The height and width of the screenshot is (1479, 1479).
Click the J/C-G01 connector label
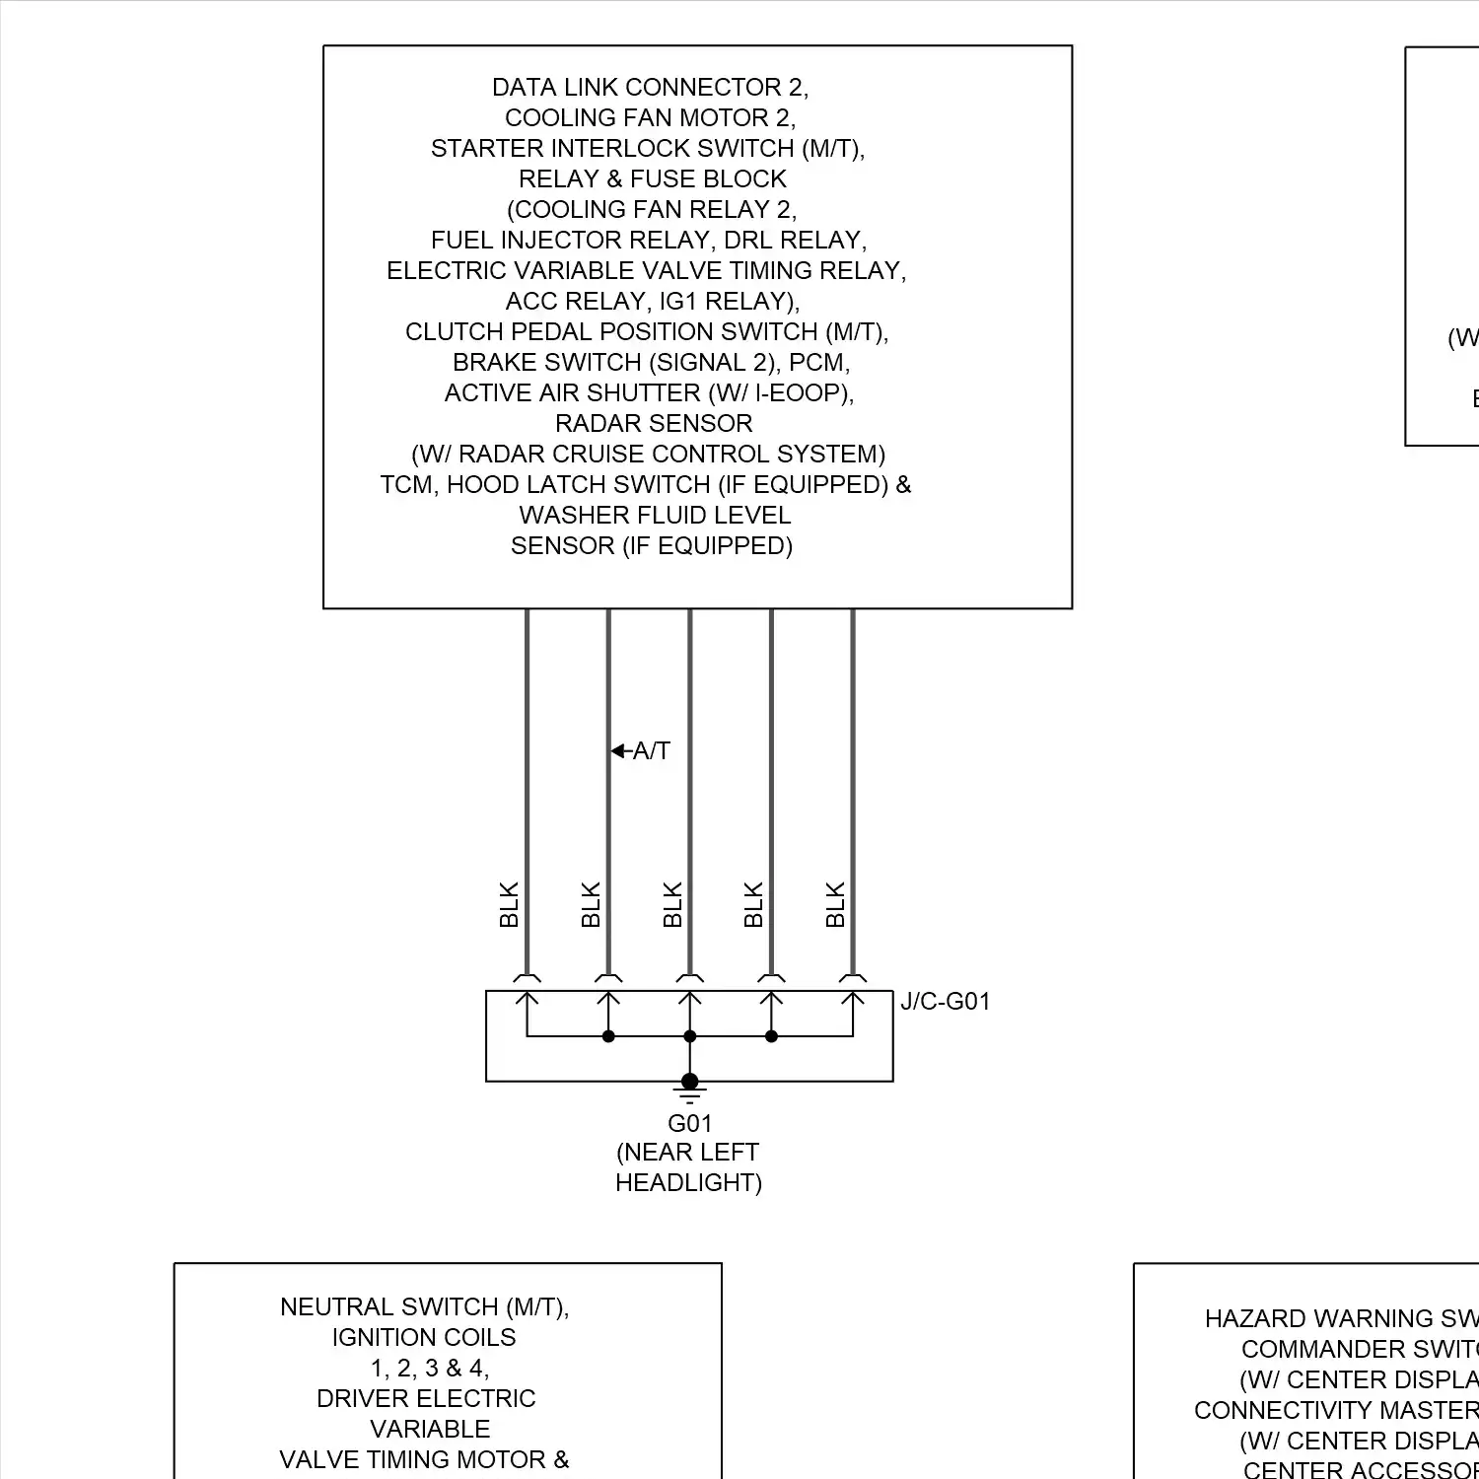[945, 1002]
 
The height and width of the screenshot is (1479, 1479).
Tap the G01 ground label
[689, 1123]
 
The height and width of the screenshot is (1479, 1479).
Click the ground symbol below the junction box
[689, 1092]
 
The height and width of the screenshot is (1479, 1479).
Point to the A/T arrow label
[643, 751]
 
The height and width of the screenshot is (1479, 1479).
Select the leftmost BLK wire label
[509, 904]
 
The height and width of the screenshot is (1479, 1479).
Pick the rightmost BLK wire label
[835, 904]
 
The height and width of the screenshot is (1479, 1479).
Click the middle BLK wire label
[672, 904]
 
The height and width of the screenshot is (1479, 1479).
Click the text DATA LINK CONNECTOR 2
[650, 88]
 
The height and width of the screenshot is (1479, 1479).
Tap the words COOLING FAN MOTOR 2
[650, 118]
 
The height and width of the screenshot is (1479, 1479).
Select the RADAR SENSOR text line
[654, 424]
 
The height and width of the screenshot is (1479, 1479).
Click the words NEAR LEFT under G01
[688, 1153]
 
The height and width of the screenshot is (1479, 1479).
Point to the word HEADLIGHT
[688, 1183]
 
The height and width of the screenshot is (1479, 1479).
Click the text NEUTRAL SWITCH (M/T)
[425, 1307]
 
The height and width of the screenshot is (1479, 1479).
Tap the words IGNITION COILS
[424, 1338]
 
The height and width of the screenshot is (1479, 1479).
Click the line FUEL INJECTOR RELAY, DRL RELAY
[649, 241]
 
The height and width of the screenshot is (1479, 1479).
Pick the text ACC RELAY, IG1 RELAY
[652, 302]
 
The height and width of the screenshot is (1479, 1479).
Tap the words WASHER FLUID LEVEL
[655, 516]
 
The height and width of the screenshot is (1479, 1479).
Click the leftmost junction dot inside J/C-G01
[608, 1036]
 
